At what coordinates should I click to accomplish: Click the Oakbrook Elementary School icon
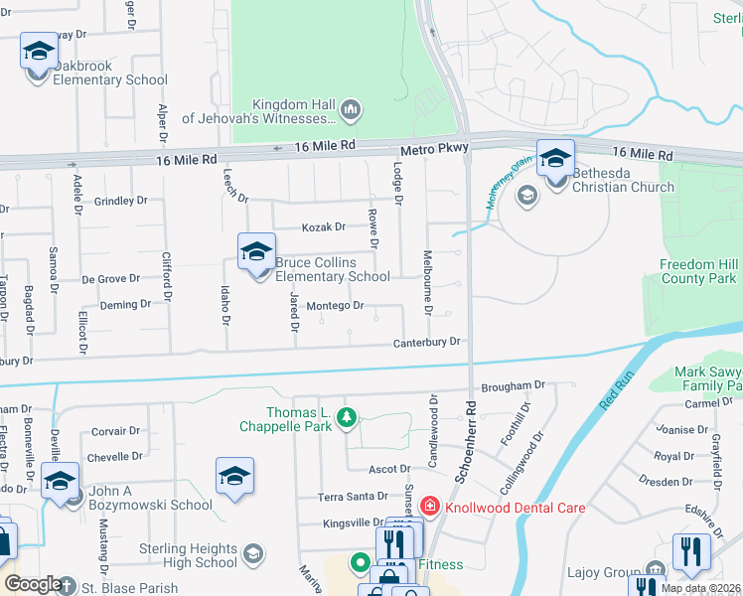pos(39,52)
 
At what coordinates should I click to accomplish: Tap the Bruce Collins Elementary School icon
pos(256,252)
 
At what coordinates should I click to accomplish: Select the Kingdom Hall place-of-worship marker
pos(350,109)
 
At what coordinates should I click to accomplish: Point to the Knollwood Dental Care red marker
pos(429,508)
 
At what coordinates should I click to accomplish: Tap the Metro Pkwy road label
pos(434,148)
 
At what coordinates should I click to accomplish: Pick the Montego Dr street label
pos(335,306)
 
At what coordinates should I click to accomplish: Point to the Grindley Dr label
pos(120,201)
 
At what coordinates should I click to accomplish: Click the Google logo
pos(33,584)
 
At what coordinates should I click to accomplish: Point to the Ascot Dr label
pos(390,469)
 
